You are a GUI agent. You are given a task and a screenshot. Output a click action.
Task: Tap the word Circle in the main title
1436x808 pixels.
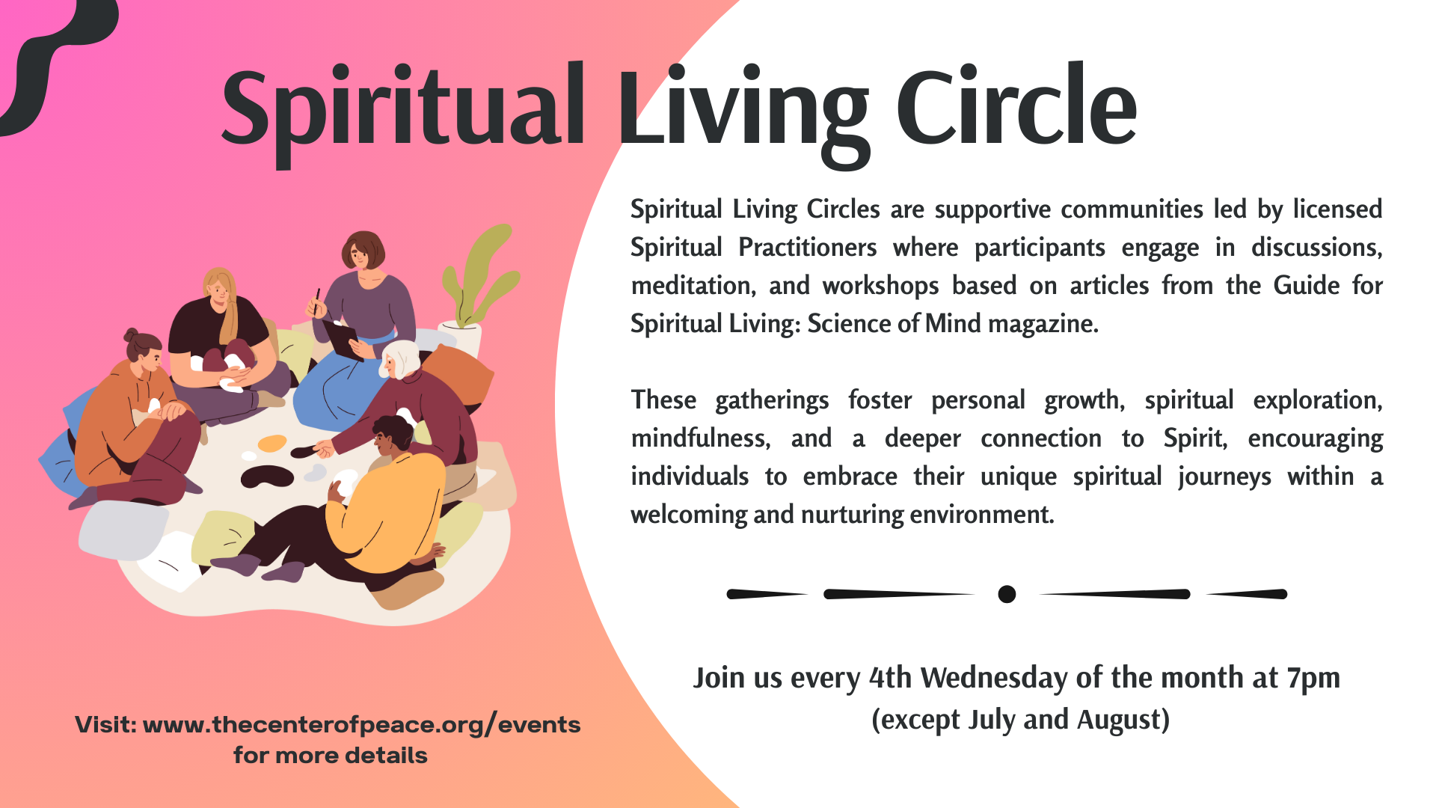tap(1017, 105)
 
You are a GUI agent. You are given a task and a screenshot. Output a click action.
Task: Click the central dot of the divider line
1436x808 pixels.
tap(1007, 594)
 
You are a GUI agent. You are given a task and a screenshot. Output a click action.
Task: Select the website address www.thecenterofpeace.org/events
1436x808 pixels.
tap(361, 725)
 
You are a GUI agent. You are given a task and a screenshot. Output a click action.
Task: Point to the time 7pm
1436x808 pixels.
tap(1313, 679)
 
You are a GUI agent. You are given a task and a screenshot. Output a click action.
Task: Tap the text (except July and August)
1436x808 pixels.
tap(1020, 720)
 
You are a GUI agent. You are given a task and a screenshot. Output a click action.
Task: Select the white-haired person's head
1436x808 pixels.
tap(399, 360)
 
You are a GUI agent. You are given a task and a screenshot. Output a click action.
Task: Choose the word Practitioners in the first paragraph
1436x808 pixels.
tap(807, 248)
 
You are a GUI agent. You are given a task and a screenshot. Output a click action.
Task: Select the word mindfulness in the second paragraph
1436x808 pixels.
tap(700, 438)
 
